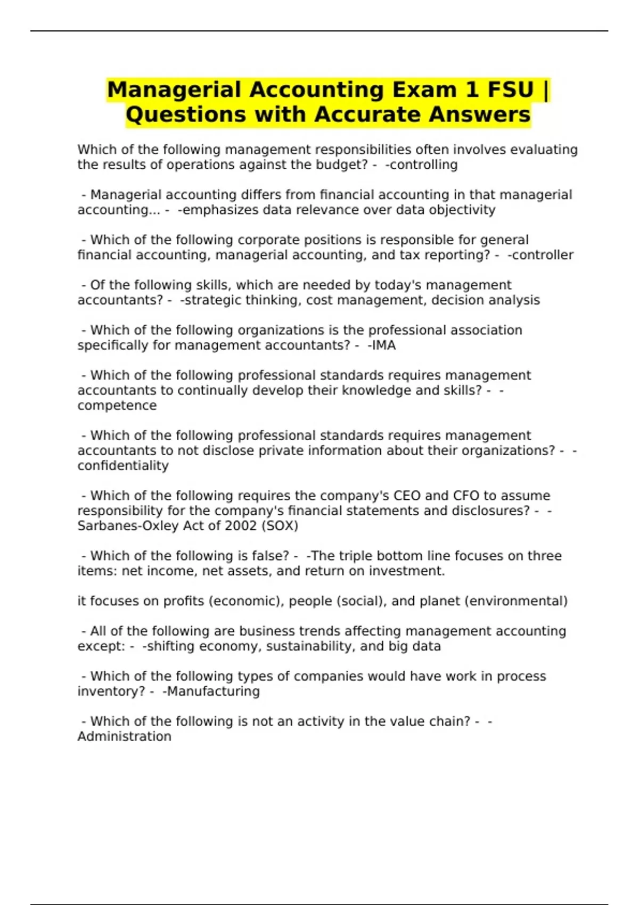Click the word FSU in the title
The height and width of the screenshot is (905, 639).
click(x=510, y=89)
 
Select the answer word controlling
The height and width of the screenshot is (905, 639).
click(x=423, y=165)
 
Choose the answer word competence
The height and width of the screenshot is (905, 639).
click(x=117, y=406)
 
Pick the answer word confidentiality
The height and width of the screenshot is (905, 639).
click(x=123, y=466)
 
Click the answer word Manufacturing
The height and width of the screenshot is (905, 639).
click(x=213, y=692)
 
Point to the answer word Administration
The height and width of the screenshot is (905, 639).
click(x=124, y=737)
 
